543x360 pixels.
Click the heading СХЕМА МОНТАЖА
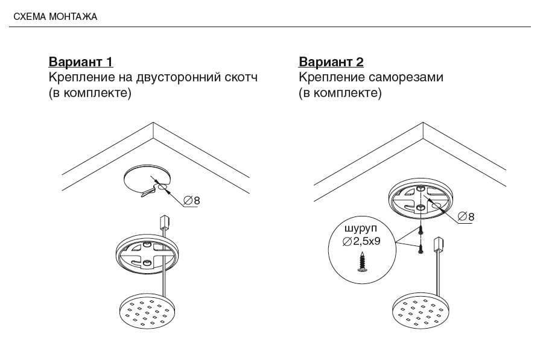55,17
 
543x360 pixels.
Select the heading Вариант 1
80,62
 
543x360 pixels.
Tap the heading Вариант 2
331,62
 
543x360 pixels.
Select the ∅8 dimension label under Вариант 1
192,200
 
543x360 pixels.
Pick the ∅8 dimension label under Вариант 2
466,216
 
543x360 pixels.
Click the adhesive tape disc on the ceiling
147,179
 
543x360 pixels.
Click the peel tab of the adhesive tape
148,193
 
